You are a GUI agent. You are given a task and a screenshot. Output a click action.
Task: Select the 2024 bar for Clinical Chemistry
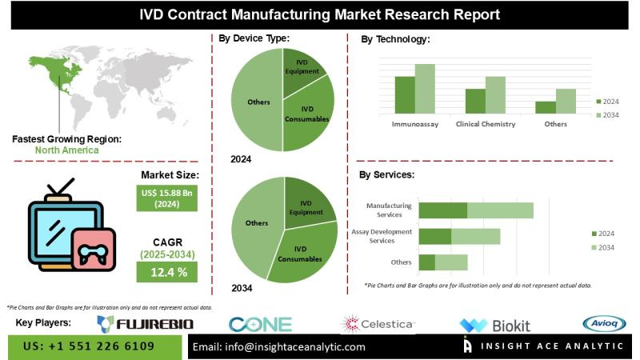475,101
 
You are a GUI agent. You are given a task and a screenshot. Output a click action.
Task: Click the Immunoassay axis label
414,125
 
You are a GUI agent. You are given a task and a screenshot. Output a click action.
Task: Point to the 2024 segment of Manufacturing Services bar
443,210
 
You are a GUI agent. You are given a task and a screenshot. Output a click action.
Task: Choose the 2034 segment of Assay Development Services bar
475,236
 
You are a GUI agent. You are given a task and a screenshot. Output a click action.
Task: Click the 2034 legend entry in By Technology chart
607,115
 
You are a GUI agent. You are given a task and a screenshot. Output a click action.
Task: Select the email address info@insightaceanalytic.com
279,346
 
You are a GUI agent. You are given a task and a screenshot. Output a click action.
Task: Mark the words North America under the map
66,150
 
